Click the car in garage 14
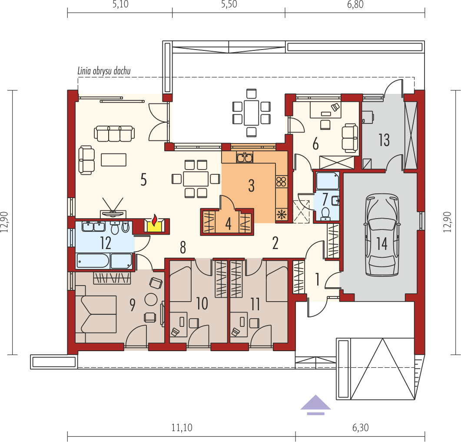pos(382,235)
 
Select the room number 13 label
pos(384,140)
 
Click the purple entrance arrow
pos(315,405)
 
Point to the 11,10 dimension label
pos(182,428)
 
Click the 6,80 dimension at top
pos(355,4)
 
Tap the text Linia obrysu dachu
pos(104,71)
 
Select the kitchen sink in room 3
pos(245,157)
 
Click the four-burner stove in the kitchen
pos(282,181)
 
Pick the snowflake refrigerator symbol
pos(282,214)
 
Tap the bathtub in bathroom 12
pos(93,261)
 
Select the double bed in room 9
pos(96,314)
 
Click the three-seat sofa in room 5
pos(114,133)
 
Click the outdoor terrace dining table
pos(252,113)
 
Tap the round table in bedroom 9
pos(151,300)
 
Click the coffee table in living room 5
pos(113,160)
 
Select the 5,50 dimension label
pos(229,4)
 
